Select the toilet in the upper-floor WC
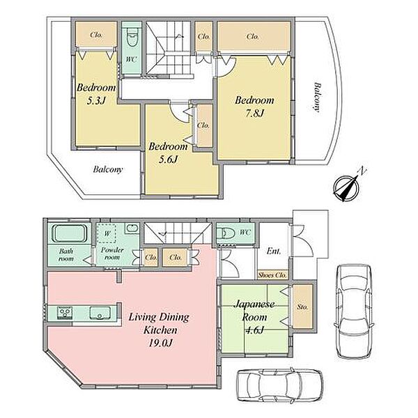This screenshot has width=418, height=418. [131, 38]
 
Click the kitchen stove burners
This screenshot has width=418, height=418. [65, 313]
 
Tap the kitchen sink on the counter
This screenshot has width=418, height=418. [100, 313]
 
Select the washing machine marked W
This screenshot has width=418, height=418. [107, 233]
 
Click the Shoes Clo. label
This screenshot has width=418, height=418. [272, 275]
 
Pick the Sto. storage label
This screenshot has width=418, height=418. [302, 307]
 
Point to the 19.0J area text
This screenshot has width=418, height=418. [160, 343]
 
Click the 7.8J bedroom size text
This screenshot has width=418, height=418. [254, 114]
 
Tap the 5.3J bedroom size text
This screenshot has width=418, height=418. [96, 101]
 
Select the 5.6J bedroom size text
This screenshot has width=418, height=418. [168, 160]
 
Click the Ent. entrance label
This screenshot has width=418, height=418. [274, 251]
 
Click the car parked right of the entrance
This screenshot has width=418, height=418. [354, 311]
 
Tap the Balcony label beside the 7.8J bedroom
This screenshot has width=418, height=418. [318, 97]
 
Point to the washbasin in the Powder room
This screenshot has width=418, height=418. [132, 229]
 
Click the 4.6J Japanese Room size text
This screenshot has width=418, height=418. [254, 330]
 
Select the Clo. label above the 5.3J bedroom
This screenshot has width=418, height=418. [96, 35]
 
